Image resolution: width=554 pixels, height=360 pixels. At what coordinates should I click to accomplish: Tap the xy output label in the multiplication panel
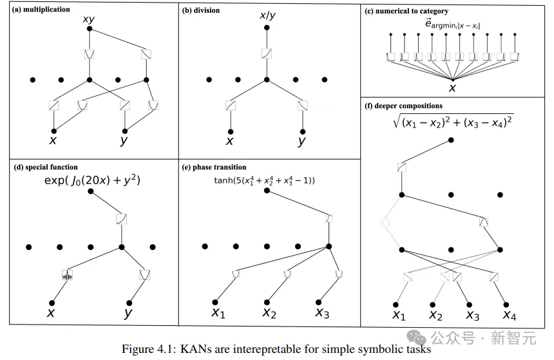(x=89, y=19)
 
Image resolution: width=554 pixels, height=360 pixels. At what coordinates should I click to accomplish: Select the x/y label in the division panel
(x=267, y=15)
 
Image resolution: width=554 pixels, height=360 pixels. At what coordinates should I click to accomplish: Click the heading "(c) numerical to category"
(x=406, y=11)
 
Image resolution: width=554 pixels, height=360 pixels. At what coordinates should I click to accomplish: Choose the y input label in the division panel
(x=301, y=140)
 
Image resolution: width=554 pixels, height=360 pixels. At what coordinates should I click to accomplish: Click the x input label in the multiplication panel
(x=53, y=140)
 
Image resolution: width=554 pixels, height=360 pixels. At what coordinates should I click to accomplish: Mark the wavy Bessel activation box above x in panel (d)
(x=67, y=276)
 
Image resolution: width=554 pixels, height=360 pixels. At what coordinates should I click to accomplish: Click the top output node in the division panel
(x=266, y=28)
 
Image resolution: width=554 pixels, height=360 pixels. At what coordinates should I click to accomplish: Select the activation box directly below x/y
(x=266, y=54)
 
